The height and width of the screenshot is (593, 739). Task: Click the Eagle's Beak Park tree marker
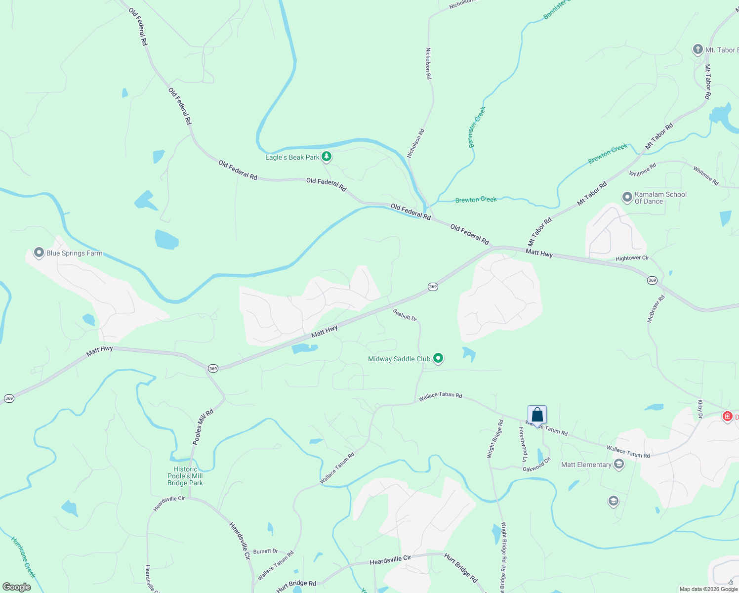pyautogui.click(x=326, y=157)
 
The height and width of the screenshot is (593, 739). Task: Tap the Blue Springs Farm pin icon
pyautogui.click(x=39, y=253)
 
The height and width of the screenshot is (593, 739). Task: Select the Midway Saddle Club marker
pyautogui.click(x=438, y=358)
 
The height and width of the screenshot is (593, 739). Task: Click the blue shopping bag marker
pyautogui.click(x=537, y=415)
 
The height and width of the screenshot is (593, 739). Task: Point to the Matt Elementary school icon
pyautogui.click(x=618, y=464)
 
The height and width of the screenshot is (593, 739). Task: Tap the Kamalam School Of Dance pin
pyautogui.click(x=627, y=197)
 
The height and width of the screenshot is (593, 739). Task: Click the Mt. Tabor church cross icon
pyautogui.click(x=698, y=49)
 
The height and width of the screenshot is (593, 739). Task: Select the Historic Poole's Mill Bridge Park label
pyautogui.click(x=185, y=476)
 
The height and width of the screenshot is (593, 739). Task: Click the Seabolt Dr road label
pyautogui.click(x=405, y=315)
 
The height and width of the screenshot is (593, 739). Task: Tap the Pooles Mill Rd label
pyautogui.click(x=203, y=426)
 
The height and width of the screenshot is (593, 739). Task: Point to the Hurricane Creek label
pyautogui.click(x=23, y=557)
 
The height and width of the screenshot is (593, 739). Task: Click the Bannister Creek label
pyautogui.click(x=477, y=127)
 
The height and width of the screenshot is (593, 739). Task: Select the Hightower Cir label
pyautogui.click(x=632, y=258)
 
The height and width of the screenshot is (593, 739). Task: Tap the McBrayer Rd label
pyautogui.click(x=656, y=308)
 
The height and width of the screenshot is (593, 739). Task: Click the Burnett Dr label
pyautogui.click(x=265, y=551)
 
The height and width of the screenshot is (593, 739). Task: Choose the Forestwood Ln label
pyautogui.click(x=523, y=444)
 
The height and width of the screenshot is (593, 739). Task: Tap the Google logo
pyautogui.click(x=17, y=587)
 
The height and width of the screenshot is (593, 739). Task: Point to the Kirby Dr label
pyautogui.click(x=700, y=409)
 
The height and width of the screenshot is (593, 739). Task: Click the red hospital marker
pyautogui.click(x=727, y=417)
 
